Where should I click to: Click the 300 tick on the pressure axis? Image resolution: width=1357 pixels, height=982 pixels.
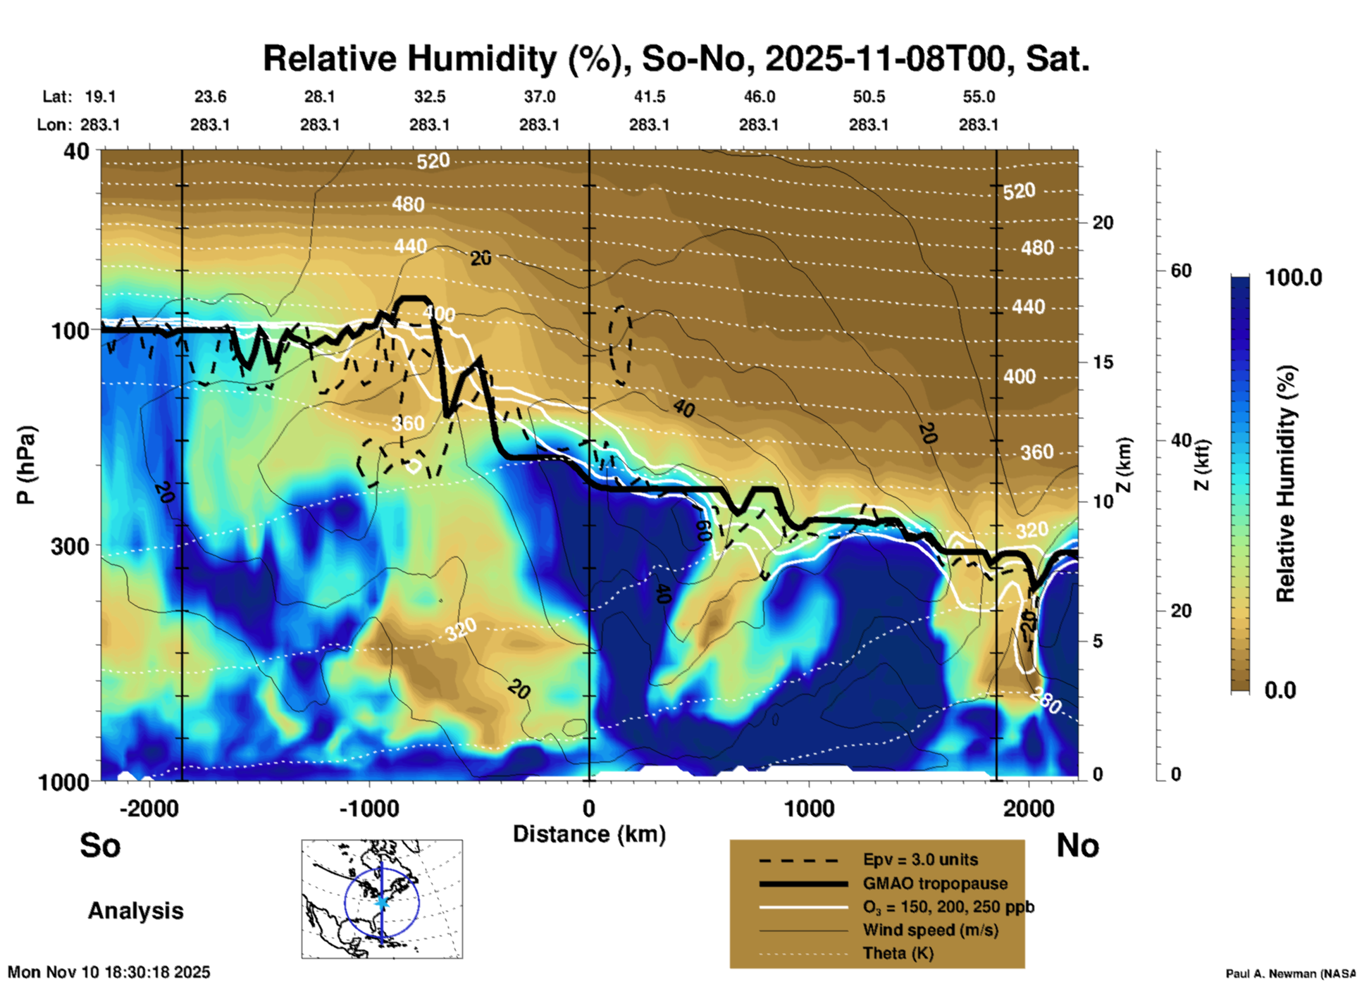pyautogui.click(x=70, y=546)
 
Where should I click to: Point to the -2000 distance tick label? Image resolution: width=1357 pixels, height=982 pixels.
pyautogui.click(x=149, y=808)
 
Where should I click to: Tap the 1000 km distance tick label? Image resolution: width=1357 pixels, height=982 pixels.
pyautogui.click(x=809, y=808)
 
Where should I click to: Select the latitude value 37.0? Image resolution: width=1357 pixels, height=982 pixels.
pyautogui.click(x=539, y=97)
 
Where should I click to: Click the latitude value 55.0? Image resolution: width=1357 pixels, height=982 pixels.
pyautogui.click(x=979, y=97)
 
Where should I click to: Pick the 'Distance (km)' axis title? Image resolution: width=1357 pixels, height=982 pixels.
pyautogui.click(x=589, y=834)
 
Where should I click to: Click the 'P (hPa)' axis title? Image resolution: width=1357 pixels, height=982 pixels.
pyautogui.click(x=26, y=465)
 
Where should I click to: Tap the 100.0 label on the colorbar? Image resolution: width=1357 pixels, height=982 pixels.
pyautogui.click(x=1294, y=278)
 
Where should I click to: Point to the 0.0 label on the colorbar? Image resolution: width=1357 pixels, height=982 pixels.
pyautogui.click(x=1279, y=690)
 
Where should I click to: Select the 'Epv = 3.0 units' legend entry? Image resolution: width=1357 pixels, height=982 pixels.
pyautogui.click(x=920, y=860)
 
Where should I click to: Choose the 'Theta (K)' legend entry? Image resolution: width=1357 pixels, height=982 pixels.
pyautogui.click(x=898, y=953)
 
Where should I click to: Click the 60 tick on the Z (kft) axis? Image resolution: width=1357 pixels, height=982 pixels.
pyautogui.click(x=1181, y=271)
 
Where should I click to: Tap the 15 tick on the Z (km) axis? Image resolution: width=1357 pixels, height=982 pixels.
pyautogui.click(x=1103, y=362)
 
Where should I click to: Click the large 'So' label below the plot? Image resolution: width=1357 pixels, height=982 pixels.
pyautogui.click(x=100, y=845)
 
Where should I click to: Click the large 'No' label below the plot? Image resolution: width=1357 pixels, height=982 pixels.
pyautogui.click(x=1077, y=845)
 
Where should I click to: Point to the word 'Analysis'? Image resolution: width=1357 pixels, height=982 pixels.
pyautogui.click(x=135, y=911)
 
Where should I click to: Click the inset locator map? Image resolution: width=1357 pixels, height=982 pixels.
pyautogui.click(x=382, y=899)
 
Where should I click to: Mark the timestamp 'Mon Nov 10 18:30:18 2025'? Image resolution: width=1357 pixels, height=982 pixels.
pyautogui.click(x=109, y=972)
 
